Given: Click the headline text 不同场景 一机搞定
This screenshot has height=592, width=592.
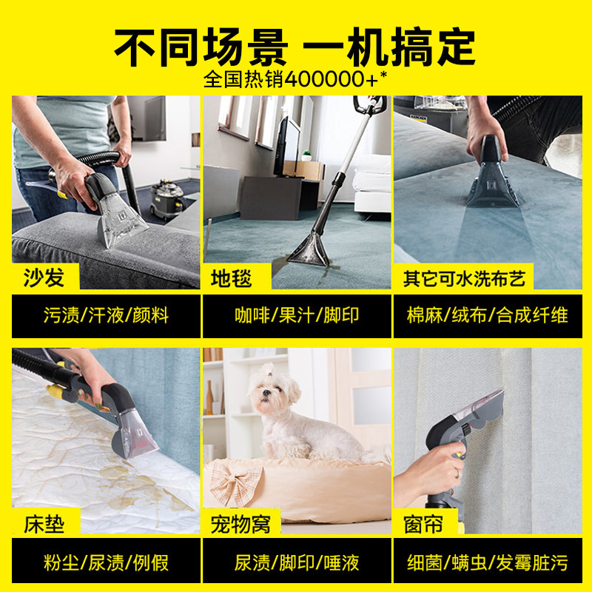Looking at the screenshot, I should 295,46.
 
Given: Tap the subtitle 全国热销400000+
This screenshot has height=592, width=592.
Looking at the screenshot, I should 295,79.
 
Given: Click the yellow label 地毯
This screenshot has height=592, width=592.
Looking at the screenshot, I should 232,277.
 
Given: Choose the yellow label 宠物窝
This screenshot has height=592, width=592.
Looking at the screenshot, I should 240,525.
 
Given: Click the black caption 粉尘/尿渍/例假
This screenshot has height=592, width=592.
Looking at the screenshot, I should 107,562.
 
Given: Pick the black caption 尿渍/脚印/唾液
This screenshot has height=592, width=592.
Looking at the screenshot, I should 296,562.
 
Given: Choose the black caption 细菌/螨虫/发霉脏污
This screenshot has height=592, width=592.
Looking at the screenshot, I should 488,562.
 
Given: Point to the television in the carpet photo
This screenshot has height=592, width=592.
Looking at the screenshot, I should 288,147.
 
